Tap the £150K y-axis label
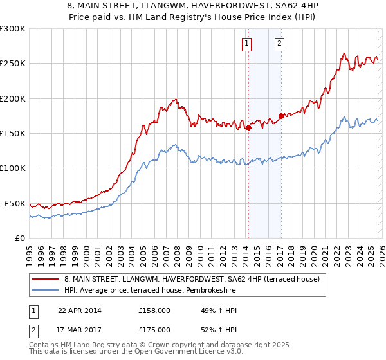pyautogui.click(x=13, y=134)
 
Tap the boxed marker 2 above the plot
pyautogui.click(x=280, y=44)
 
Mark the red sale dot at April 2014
pyautogui.click(x=248, y=127)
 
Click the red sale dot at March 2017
pyautogui.click(x=281, y=116)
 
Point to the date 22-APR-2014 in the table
pyautogui.click(x=80, y=310)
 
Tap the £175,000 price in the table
pyautogui.click(x=154, y=330)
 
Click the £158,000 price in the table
pyautogui.click(x=154, y=310)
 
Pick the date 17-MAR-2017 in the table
pyautogui.click(x=80, y=330)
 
